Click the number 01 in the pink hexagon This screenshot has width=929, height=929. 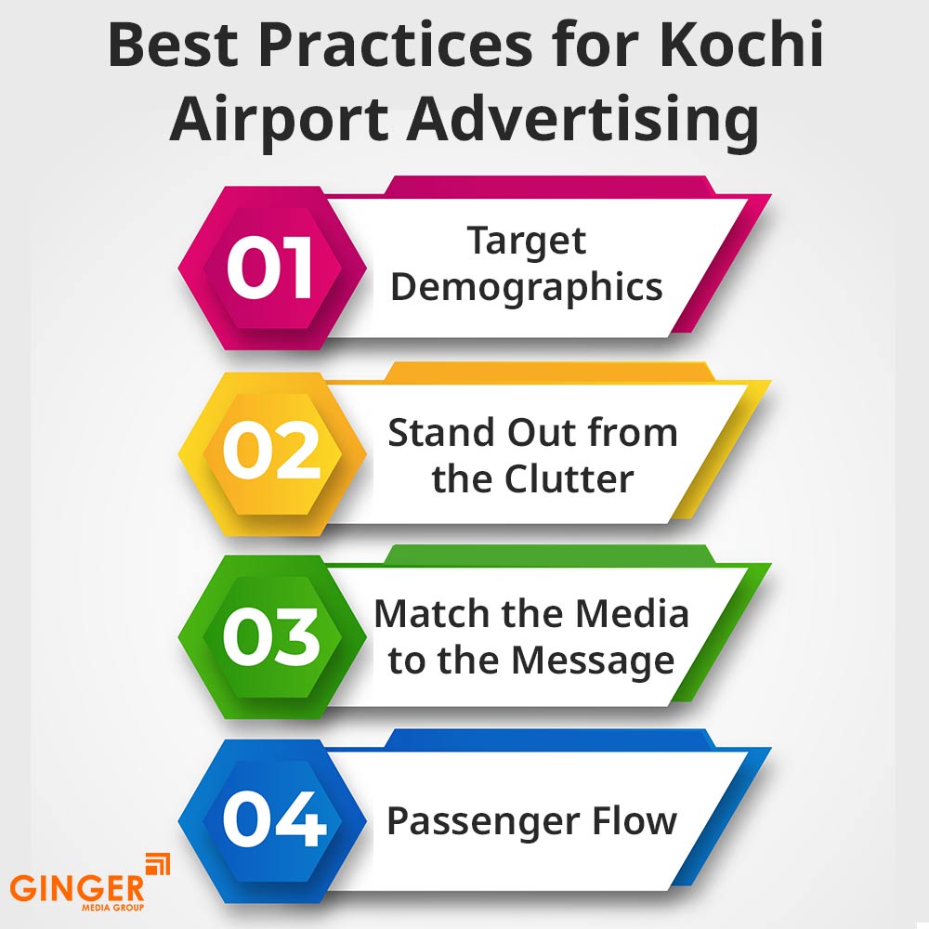point(269,267)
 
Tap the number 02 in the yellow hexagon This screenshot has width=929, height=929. point(271,450)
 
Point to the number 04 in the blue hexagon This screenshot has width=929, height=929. point(274,818)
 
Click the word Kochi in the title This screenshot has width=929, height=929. point(741,45)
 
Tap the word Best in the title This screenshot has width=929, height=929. point(173,45)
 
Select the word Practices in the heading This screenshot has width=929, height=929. point(395,45)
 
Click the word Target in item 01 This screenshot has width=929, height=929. point(527,242)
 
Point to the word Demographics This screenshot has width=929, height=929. point(527,288)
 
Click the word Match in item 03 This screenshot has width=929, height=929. point(433,613)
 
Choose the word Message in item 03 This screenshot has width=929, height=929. point(593,661)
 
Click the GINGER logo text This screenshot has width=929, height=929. point(77,888)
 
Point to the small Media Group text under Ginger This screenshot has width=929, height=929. point(112,907)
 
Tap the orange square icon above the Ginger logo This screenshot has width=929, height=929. point(158,863)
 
